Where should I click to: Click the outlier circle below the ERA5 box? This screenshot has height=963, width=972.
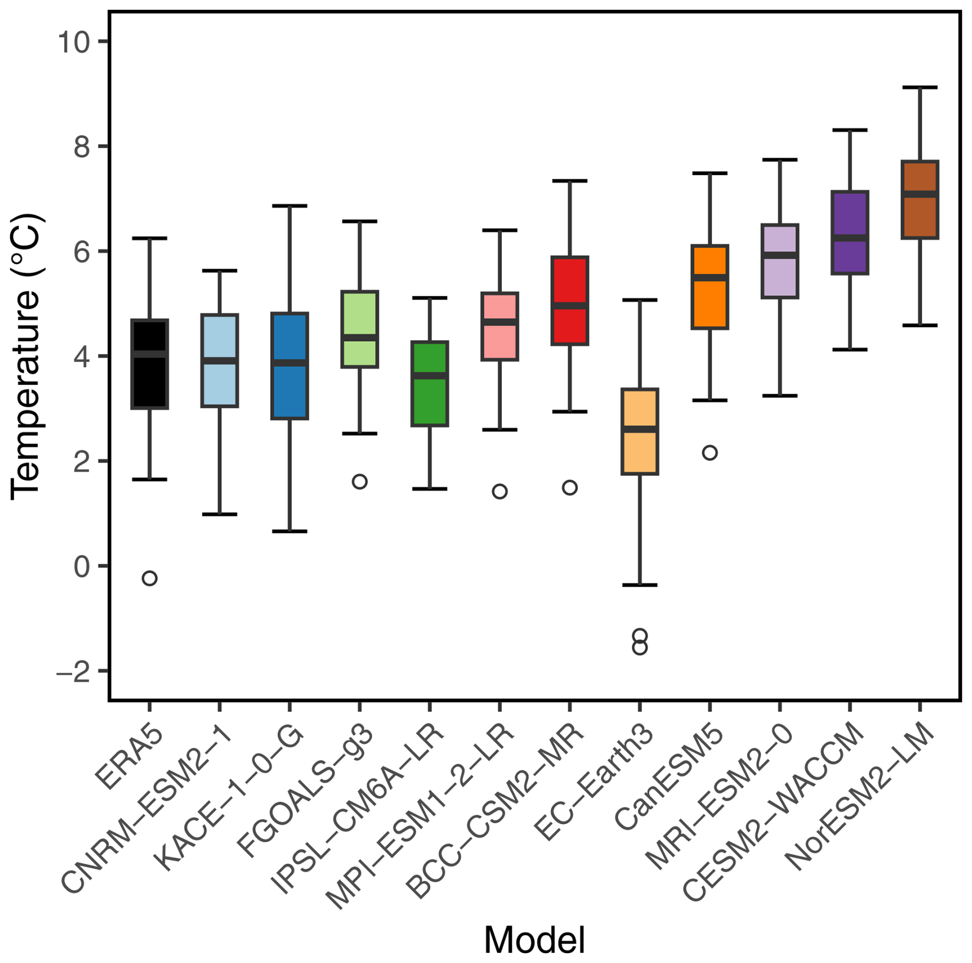149,578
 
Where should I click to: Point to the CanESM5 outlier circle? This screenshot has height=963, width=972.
710,453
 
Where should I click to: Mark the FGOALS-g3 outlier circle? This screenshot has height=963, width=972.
360,482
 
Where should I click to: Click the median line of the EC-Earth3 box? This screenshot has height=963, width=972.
640,429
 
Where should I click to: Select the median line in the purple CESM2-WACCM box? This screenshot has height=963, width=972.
850,237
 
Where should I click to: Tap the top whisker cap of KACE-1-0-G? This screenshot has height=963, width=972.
290,206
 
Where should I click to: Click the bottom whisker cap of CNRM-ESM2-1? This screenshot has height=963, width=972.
219,514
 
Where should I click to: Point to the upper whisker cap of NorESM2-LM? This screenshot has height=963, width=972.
920,88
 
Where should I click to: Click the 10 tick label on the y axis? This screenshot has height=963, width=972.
74,42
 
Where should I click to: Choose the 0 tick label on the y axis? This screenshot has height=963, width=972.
82,567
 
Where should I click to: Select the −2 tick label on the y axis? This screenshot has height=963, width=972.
74,672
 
